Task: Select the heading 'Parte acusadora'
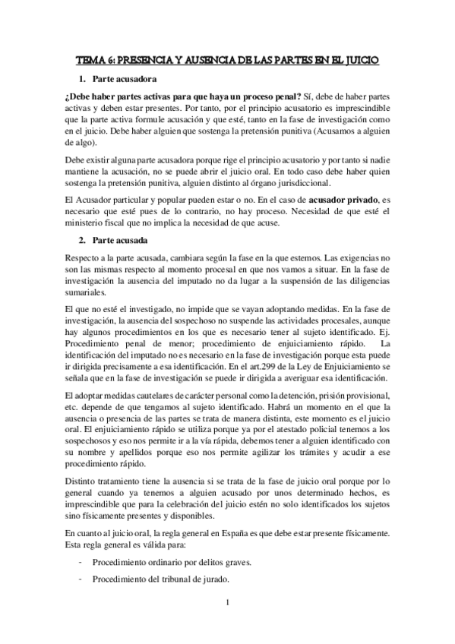[x=125, y=78]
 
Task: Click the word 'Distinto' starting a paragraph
[x=83, y=481]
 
